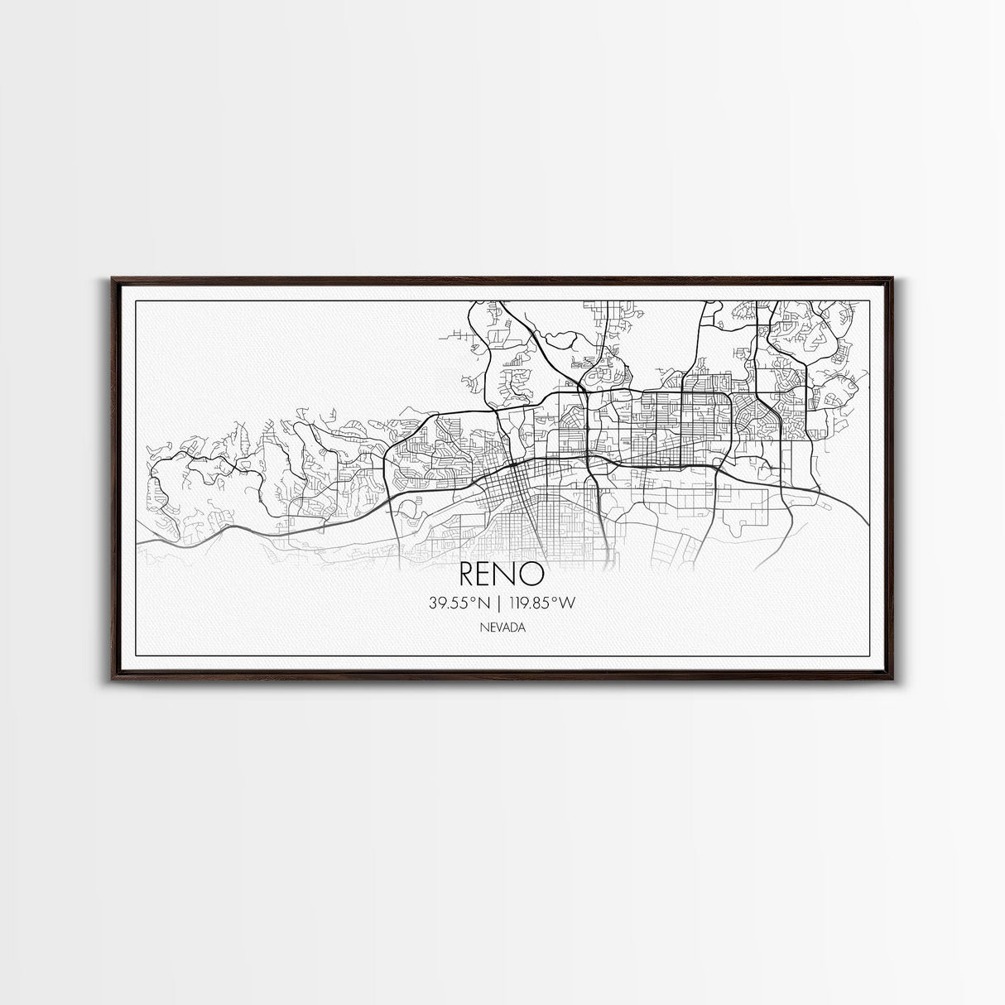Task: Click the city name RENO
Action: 502,572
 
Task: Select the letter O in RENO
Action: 533,572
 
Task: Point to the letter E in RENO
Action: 488,572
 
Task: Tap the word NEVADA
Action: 502,628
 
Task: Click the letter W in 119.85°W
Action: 566,603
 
